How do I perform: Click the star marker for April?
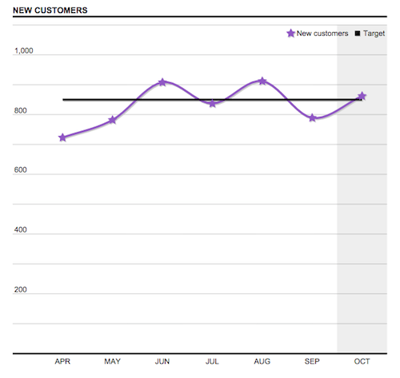(62, 137)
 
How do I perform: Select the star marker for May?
(112, 120)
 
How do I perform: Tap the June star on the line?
(162, 82)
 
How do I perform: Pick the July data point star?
(212, 103)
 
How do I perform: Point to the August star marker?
(262, 82)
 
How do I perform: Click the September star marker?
(312, 118)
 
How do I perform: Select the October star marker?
(362, 96)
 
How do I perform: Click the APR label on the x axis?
(62, 362)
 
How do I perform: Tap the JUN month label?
(162, 362)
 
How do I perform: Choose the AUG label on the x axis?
(262, 362)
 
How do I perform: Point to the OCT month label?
(362, 362)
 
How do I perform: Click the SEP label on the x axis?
(312, 362)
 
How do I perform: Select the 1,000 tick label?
(24, 51)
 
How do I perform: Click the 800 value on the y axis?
(21, 111)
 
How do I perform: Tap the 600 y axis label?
(21, 171)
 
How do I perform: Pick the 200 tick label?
(21, 290)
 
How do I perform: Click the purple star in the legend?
(290, 34)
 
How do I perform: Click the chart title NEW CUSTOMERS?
(50, 10)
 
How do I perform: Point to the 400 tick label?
(21, 230)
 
